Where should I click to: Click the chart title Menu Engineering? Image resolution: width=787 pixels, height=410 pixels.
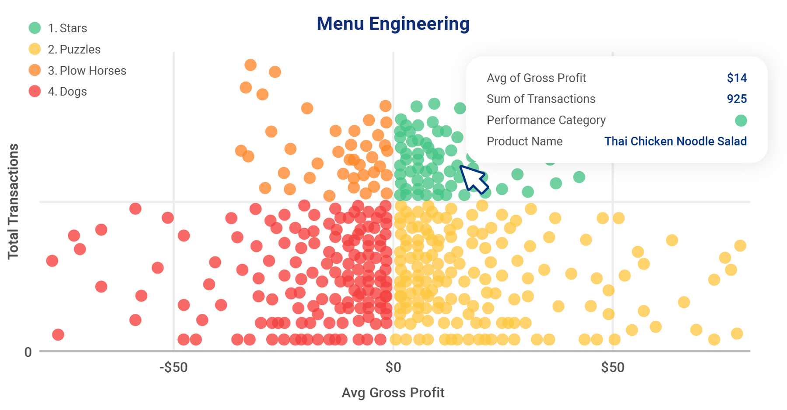[x=393, y=24]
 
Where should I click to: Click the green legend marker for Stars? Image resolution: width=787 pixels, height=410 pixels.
[x=35, y=28]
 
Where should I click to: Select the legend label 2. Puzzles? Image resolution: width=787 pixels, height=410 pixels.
[x=74, y=49]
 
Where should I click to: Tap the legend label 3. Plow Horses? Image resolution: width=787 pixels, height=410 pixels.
[x=87, y=71]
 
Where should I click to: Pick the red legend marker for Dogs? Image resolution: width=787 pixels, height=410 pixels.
[x=35, y=91]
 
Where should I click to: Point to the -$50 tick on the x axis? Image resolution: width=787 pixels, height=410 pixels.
[x=174, y=368]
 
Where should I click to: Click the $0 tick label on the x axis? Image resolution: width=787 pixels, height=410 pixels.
[x=393, y=368]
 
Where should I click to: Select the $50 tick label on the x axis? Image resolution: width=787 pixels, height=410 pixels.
[x=612, y=368]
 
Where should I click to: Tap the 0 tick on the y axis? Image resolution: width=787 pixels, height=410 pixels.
[x=28, y=352]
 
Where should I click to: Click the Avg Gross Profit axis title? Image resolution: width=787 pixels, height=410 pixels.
[x=393, y=393]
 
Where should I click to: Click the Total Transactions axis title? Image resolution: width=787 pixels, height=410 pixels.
[x=13, y=201]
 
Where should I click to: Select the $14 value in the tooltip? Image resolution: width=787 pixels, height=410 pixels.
[x=736, y=78]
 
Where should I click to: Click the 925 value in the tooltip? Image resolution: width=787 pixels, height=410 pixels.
[x=736, y=99]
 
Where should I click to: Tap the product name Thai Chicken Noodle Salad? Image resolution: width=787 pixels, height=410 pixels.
[x=675, y=141]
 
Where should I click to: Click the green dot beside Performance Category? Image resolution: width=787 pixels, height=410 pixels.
[x=740, y=121]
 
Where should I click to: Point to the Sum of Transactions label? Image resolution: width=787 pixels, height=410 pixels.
[x=541, y=99]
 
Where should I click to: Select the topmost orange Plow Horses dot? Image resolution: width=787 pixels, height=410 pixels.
[x=251, y=65]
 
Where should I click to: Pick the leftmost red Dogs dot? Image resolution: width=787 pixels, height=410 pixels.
[x=52, y=261]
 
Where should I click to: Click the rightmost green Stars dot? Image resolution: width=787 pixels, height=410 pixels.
[x=579, y=177]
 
